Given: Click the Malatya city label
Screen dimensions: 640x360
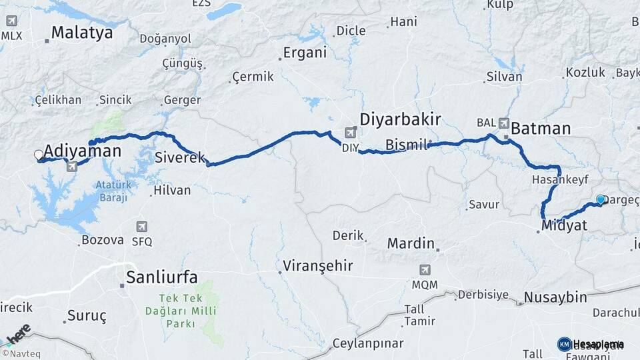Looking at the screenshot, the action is pyautogui.click(x=82, y=32).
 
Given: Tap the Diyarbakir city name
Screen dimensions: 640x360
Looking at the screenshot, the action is pyautogui.click(x=400, y=119).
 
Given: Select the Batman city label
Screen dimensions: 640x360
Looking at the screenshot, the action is pyautogui.click(x=541, y=128).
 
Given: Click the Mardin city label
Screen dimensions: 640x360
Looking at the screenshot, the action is pyautogui.click(x=411, y=243).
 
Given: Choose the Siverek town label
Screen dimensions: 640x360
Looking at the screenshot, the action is pyautogui.click(x=180, y=158).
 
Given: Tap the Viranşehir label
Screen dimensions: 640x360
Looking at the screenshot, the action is pyautogui.click(x=317, y=266).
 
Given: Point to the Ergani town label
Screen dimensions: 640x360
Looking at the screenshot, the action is pyautogui.click(x=305, y=53).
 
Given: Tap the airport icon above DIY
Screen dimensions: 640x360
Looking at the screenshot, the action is pyautogui.click(x=350, y=133).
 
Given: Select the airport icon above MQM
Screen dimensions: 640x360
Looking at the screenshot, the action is pyautogui.click(x=425, y=270).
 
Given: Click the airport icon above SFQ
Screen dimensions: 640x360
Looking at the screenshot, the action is pyautogui.click(x=141, y=227).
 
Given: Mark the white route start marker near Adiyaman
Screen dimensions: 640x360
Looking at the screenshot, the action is pyautogui.click(x=39, y=155).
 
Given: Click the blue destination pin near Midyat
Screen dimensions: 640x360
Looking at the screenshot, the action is pyautogui.click(x=601, y=199).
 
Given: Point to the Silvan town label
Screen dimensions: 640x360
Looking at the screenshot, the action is pyautogui.click(x=504, y=77).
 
